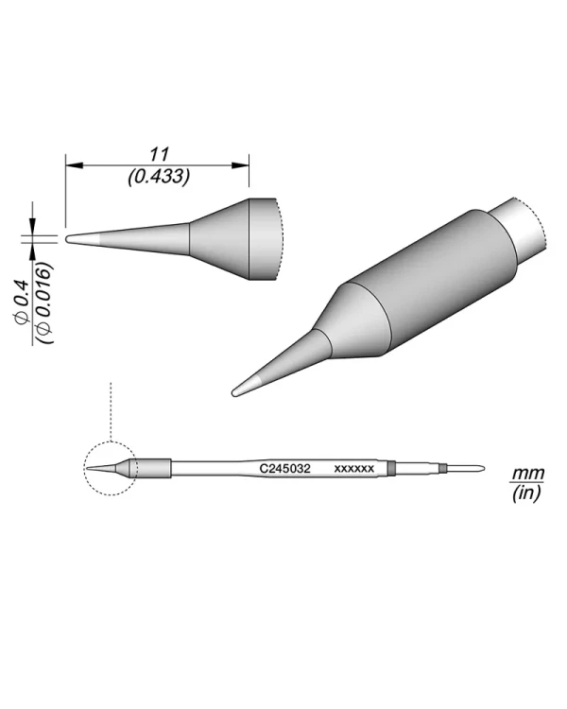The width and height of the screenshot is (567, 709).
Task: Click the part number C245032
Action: pyautogui.click(x=285, y=468)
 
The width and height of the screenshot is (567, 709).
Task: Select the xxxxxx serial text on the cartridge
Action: pyautogui.click(x=355, y=468)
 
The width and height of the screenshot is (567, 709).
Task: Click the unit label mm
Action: pyautogui.click(x=523, y=473)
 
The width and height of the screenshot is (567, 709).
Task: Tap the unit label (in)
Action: pyautogui.click(x=523, y=493)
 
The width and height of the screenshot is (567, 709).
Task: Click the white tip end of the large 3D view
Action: pyautogui.click(x=243, y=386)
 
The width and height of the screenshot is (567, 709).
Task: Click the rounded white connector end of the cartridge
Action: pyautogui.click(x=469, y=468)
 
